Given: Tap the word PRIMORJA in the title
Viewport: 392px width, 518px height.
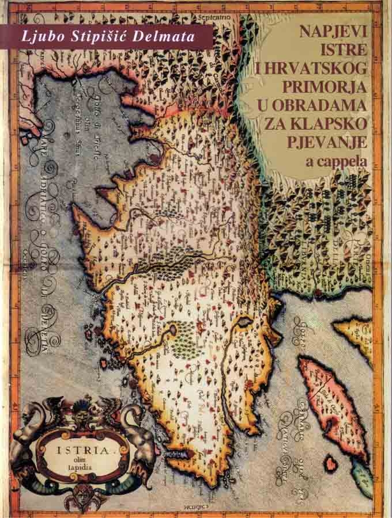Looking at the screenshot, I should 327,87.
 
